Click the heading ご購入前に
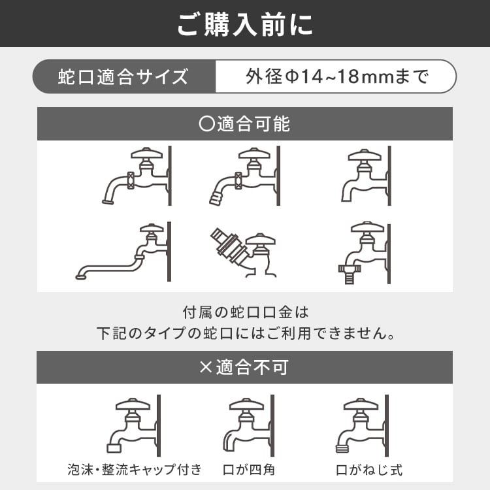(x=245, y=24)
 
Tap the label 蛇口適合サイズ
(x=123, y=77)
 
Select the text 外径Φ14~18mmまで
(x=337, y=76)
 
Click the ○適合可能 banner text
(x=244, y=123)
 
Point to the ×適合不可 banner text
(x=244, y=367)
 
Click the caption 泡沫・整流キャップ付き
(x=135, y=469)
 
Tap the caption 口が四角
(x=249, y=470)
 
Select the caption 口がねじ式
(x=369, y=470)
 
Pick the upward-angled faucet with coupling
(x=244, y=252)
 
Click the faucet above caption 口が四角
(x=249, y=425)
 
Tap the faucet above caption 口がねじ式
(x=363, y=425)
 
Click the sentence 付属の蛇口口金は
(x=246, y=312)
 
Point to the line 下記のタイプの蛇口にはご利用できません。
(x=246, y=333)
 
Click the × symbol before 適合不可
(x=206, y=367)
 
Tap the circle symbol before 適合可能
(x=206, y=123)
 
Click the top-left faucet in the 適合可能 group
(x=137, y=176)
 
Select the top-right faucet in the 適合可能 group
(x=367, y=176)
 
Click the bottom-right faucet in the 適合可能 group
(x=365, y=252)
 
